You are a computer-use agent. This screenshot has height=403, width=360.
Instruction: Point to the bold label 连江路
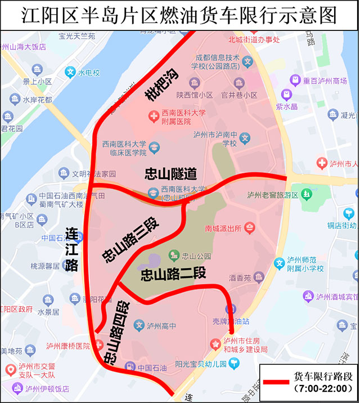(x=71, y=250)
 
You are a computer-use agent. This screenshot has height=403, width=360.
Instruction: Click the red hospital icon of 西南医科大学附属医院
(x=153, y=117)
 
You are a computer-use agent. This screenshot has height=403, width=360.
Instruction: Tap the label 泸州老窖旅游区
(x=272, y=195)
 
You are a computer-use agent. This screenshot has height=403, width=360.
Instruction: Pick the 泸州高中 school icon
(x=139, y=325)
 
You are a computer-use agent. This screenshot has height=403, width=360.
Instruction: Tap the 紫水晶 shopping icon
(x=287, y=95)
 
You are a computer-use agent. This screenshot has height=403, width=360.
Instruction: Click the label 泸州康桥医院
(x=68, y=346)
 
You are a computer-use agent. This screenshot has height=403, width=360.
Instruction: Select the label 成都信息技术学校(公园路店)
(x=218, y=62)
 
